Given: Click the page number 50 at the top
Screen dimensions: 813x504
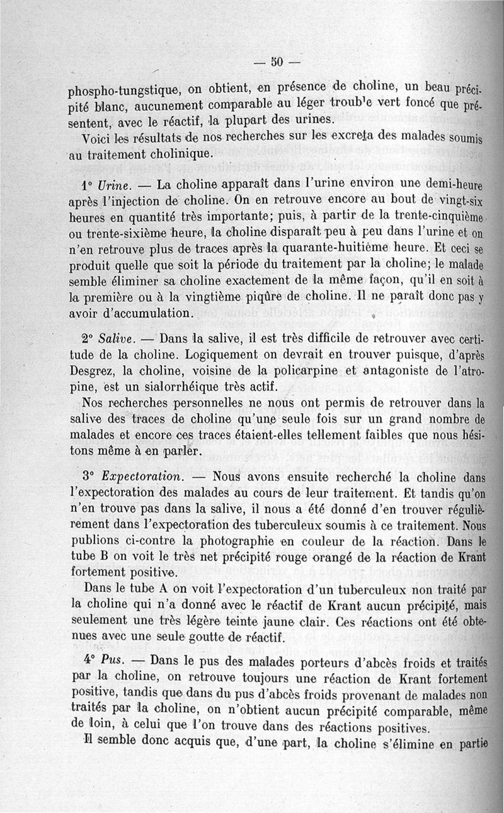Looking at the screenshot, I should (x=276, y=61).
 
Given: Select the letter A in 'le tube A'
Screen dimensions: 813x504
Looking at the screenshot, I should (x=168, y=589).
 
